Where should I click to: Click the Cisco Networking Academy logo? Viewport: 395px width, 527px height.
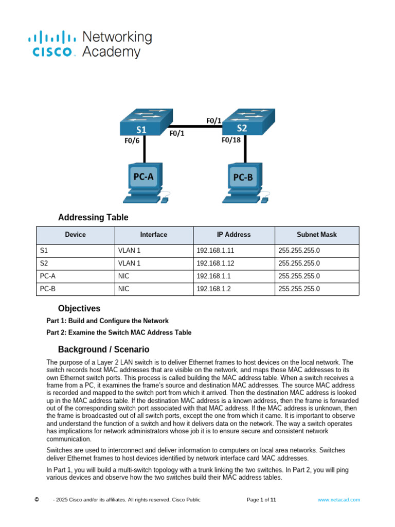pos(89,44)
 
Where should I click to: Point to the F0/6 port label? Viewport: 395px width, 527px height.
pos(132,140)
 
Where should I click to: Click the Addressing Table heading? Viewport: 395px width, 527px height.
pos(93,217)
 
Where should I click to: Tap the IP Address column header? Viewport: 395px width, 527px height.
pos(234,235)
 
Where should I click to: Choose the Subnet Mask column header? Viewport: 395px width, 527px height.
pos(317,235)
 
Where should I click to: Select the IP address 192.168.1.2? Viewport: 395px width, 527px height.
pos(213,289)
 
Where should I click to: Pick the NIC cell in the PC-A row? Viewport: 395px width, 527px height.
pos(123,276)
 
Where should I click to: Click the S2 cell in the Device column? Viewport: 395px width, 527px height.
pos(44,263)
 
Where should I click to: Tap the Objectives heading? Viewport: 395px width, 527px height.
pos(79,309)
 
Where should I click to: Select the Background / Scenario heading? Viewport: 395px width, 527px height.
pos(103,349)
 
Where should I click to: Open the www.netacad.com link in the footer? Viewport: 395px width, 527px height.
pos(338,500)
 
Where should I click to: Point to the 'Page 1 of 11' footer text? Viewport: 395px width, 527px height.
pos(261,500)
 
